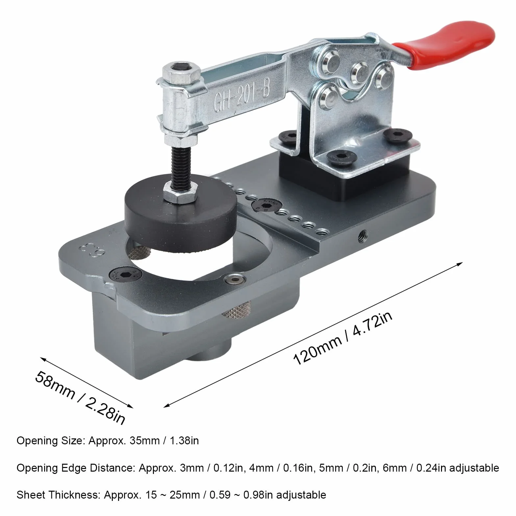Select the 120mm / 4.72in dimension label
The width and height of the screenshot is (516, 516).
(342, 339)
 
